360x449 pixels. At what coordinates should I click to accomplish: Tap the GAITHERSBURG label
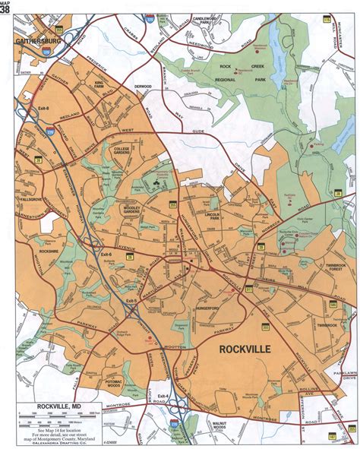[39, 34]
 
